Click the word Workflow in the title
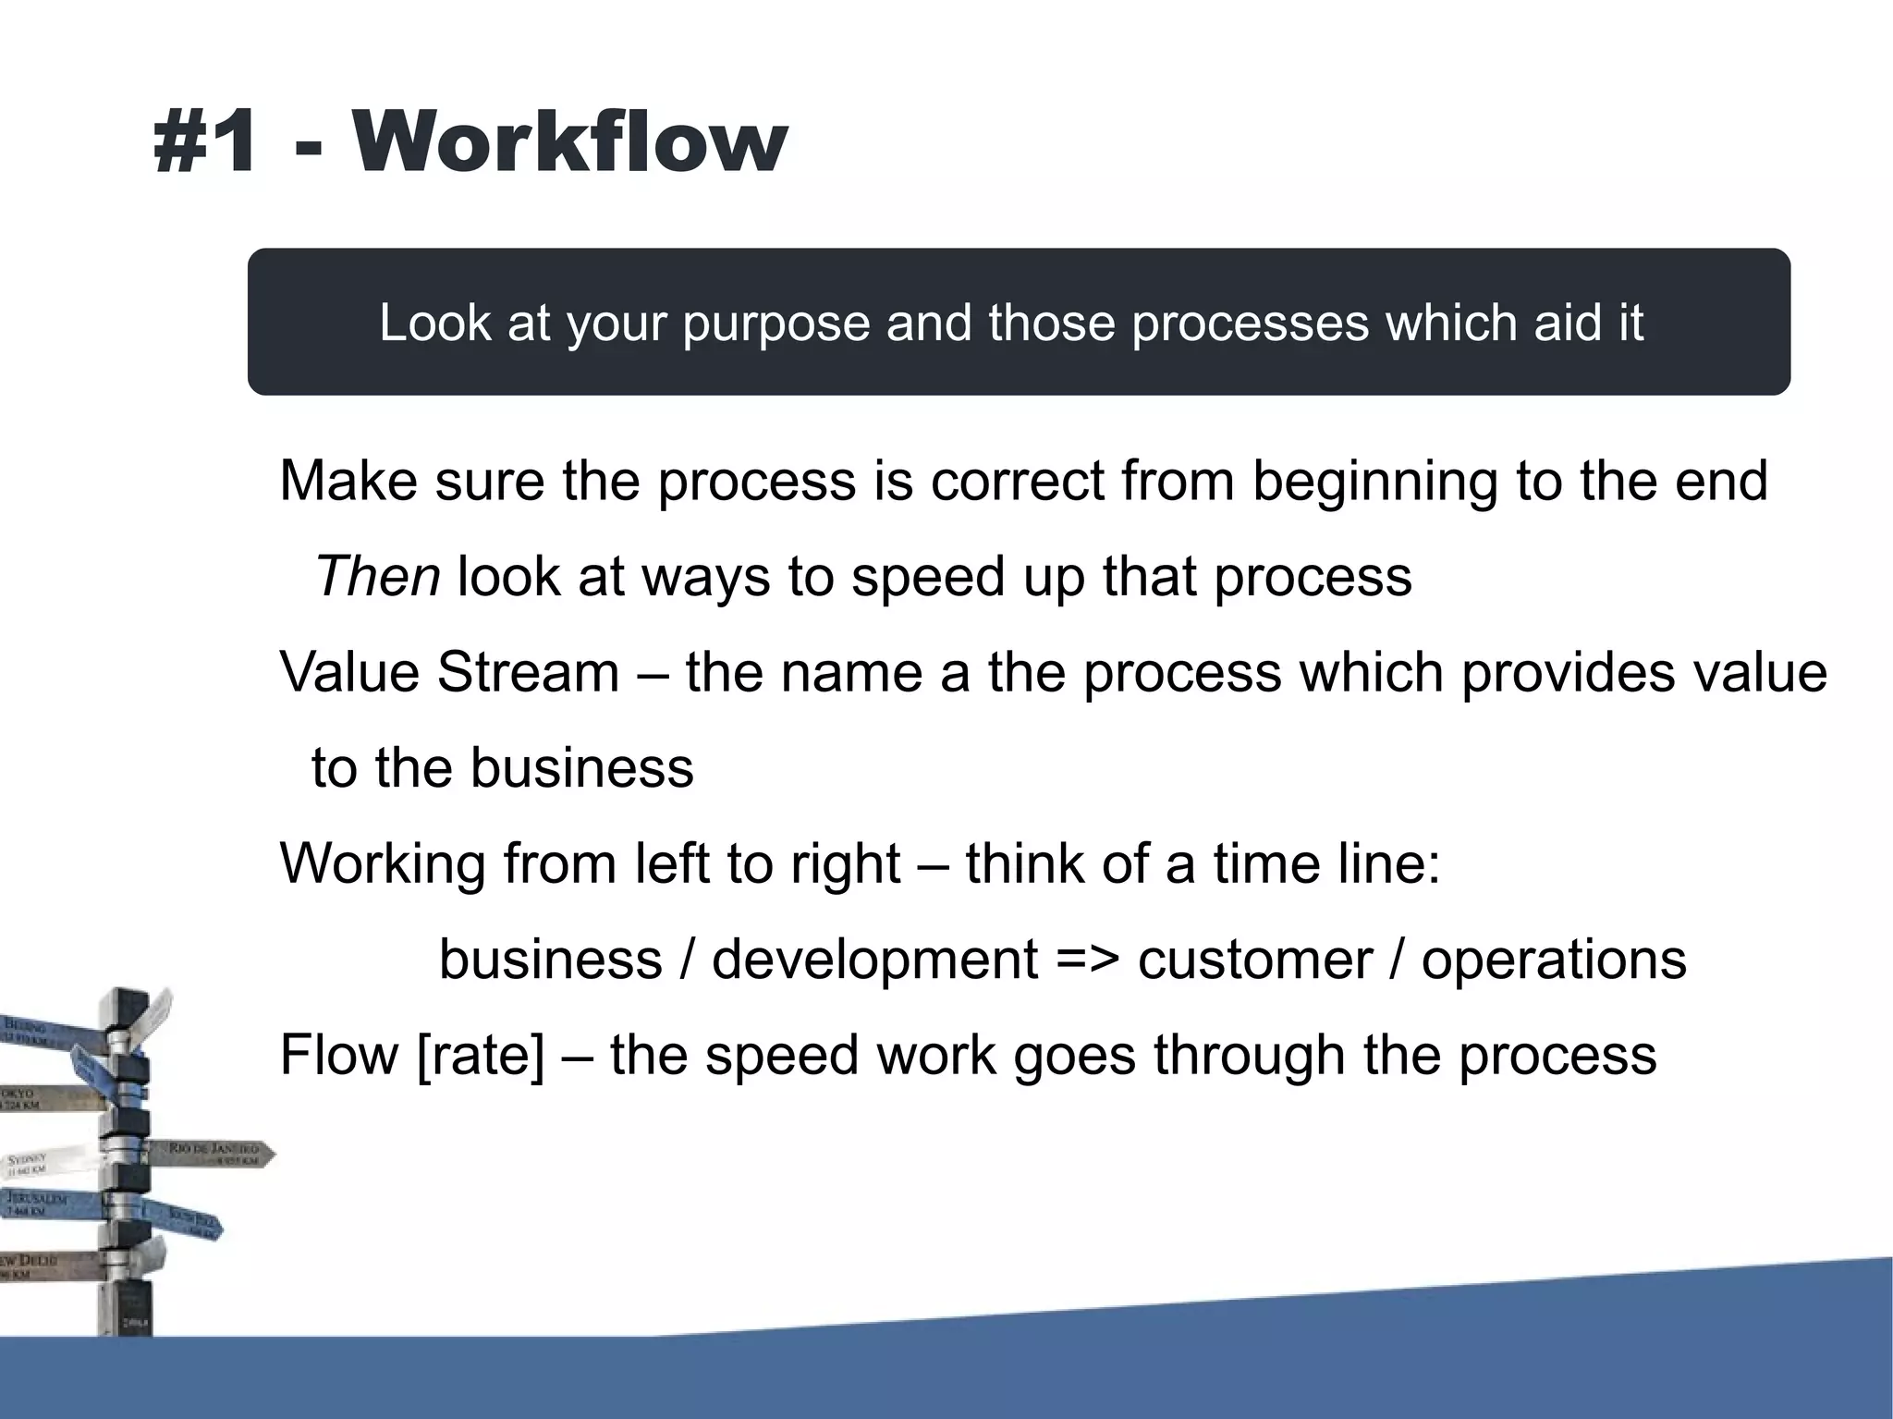point(568,142)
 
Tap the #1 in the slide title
point(205,142)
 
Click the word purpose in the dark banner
point(776,324)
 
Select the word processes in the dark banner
point(1251,324)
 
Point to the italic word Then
point(377,577)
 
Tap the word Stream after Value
point(528,672)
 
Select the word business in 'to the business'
point(581,768)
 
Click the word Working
point(383,864)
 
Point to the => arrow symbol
point(1088,960)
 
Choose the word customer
point(1254,960)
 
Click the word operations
point(1554,960)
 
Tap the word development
point(874,960)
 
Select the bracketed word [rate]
point(481,1056)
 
